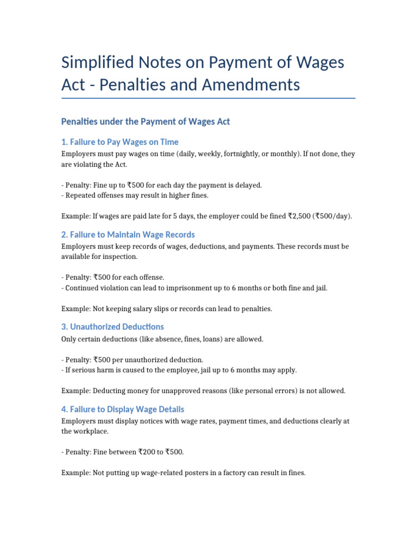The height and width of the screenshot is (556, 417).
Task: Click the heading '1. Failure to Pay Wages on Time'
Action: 120,142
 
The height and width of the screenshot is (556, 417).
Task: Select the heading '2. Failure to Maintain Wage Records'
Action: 128,235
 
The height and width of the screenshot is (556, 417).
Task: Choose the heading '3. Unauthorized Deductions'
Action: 113,327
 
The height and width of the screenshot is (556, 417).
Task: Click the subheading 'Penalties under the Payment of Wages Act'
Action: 146,122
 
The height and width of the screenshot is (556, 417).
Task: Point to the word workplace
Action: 93,431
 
